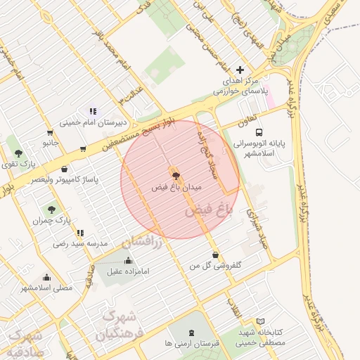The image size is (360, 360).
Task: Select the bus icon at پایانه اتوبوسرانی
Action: [259, 131]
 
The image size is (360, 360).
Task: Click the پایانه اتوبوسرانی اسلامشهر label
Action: [262, 148]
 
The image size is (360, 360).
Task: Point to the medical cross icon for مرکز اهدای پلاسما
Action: [240, 70]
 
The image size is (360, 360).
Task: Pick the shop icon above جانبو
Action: [49, 133]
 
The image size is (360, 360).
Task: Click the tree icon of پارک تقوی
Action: [18, 153]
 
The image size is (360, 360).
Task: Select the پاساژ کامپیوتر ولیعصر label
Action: [65, 180]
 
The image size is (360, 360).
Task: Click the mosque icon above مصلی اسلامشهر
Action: [46, 277]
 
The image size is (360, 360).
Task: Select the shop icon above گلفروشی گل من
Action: [215, 255]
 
